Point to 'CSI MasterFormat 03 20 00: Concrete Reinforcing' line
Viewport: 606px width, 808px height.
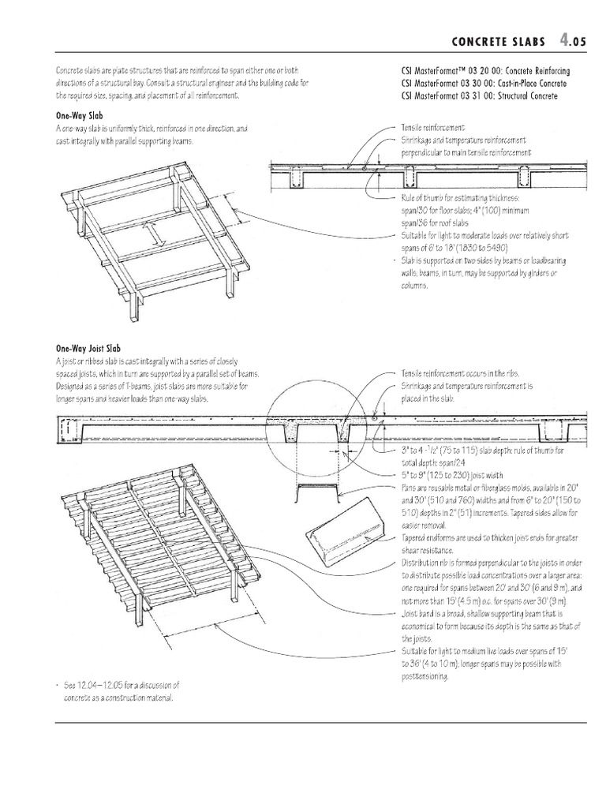click(x=484, y=70)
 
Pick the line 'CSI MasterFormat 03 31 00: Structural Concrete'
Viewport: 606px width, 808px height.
click(x=479, y=95)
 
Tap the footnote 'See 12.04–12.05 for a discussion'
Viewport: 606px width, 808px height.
click(x=125, y=684)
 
